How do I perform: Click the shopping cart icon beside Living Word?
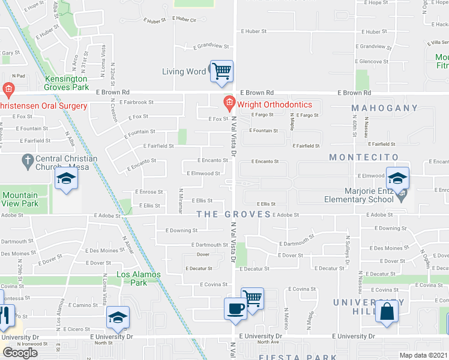pyautogui.click(x=221, y=71)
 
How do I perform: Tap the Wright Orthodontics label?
pyautogui.click(x=274, y=104)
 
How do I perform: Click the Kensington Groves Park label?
pyautogui.click(x=66, y=83)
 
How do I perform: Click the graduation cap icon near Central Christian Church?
pyautogui.click(x=67, y=179)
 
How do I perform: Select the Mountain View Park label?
pyautogui.click(x=19, y=199)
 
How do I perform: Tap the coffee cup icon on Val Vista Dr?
pyautogui.click(x=235, y=308)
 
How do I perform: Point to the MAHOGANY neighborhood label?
pyautogui.click(x=384, y=108)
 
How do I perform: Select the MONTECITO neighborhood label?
pyautogui.click(x=364, y=157)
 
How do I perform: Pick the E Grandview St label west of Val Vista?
pyautogui.click(x=211, y=46)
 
